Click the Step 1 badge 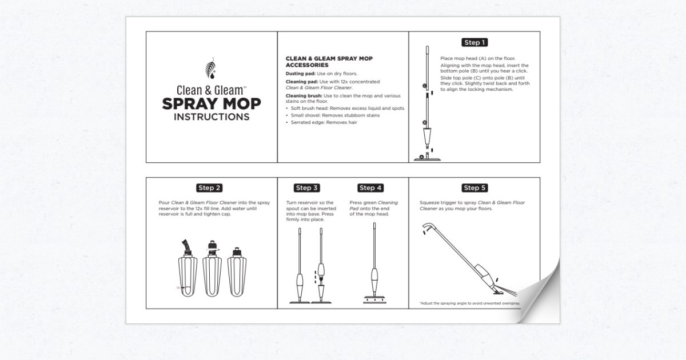(x=474, y=42)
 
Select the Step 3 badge (x=307, y=188)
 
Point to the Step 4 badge (x=370, y=188)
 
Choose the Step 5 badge (x=474, y=188)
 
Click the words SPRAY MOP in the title (x=211, y=104)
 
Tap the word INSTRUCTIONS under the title (x=211, y=118)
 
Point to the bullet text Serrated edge (x=324, y=122)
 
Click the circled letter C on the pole (x=424, y=86)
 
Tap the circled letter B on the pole (x=424, y=122)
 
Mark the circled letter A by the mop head (x=421, y=156)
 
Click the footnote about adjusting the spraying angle (x=469, y=303)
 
